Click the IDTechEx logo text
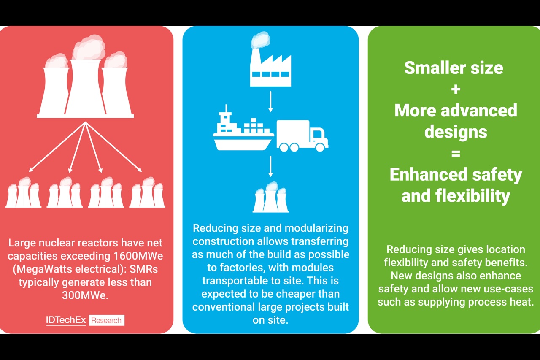point(66,320)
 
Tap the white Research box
point(106,320)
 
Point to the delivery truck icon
point(302,136)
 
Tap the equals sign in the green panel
point(456,154)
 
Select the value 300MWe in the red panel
point(85,295)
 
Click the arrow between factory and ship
point(270,102)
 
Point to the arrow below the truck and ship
point(270,166)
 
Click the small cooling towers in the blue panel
point(270,197)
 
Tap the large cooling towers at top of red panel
point(85,76)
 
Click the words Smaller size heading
point(454,68)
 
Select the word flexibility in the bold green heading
point(472,196)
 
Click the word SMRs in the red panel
point(144,269)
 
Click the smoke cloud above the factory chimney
point(260,40)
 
